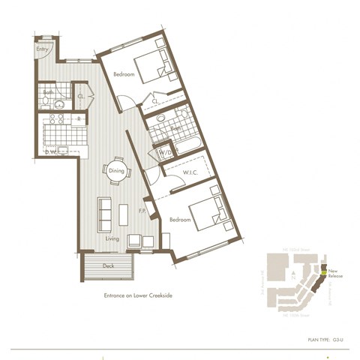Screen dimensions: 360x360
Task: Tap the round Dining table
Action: tap(116, 170)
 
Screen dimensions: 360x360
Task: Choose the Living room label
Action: tap(112, 238)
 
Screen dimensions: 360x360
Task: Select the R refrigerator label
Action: tap(79, 118)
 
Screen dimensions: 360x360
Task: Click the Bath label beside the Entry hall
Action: tap(48, 93)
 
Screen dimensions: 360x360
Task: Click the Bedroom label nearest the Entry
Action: tap(124, 75)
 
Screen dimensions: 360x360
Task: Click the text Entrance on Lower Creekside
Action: tap(138, 295)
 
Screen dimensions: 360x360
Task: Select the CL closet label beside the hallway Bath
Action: tap(81, 95)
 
